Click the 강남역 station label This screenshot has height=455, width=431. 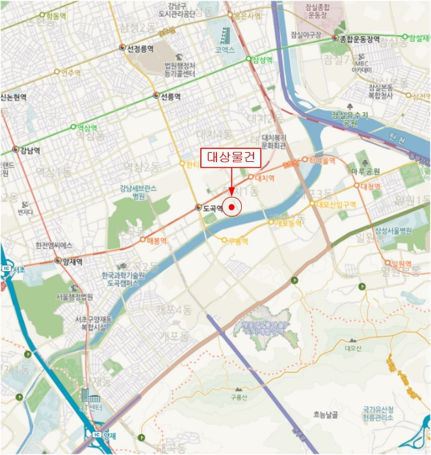[x=30, y=149]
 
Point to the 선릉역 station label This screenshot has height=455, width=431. [x=170, y=96]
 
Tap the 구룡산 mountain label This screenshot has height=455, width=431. [x=239, y=396]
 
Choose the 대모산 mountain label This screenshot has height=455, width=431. [x=352, y=347]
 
